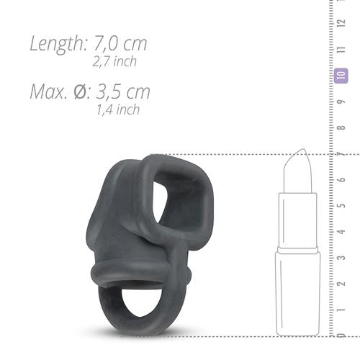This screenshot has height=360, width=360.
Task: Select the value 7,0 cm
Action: point(121,42)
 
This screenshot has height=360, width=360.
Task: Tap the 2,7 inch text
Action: point(115,61)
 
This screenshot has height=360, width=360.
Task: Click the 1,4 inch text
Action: point(118,109)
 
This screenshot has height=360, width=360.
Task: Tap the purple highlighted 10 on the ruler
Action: point(341,74)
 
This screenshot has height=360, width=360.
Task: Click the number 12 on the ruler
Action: point(341,22)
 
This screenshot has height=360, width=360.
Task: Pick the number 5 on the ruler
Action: point(341,204)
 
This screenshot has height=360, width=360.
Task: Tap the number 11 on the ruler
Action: point(341,48)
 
